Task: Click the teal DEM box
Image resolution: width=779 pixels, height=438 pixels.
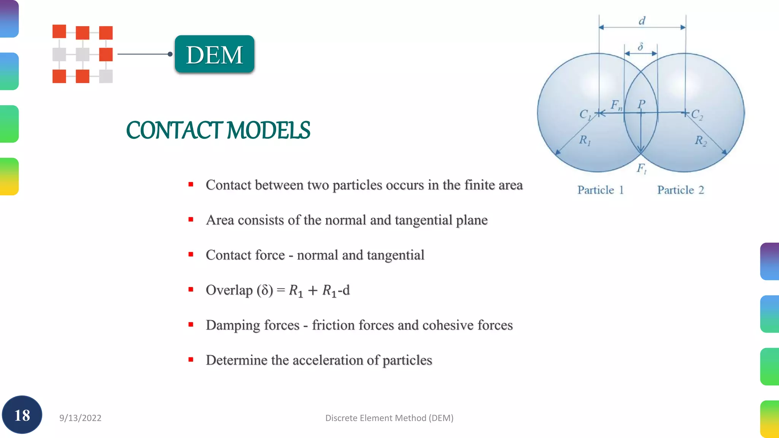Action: pyautogui.click(x=215, y=54)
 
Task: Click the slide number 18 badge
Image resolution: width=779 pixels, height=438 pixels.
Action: pyautogui.click(x=22, y=415)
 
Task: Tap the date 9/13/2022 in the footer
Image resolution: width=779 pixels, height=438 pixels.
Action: pyautogui.click(x=80, y=418)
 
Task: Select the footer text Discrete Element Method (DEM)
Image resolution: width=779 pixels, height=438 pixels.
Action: pyautogui.click(x=389, y=418)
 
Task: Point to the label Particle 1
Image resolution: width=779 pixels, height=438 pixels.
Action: pyautogui.click(x=600, y=190)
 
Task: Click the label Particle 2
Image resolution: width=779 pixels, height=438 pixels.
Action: pyautogui.click(x=680, y=190)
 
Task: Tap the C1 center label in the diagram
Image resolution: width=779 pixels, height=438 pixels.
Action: pyautogui.click(x=585, y=114)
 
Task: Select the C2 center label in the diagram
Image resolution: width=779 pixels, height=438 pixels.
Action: pyautogui.click(x=697, y=114)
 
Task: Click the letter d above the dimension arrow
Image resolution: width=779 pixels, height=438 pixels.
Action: pyautogui.click(x=642, y=21)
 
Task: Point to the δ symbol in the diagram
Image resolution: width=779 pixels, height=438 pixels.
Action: pyautogui.click(x=641, y=47)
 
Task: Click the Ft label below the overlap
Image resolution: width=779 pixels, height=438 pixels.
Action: pyautogui.click(x=641, y=168)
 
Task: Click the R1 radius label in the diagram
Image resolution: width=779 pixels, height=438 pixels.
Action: pyautogui.click(x=585, y=140)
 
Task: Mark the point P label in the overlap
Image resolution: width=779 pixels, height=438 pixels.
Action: pyautogui.click(x=642, y=104)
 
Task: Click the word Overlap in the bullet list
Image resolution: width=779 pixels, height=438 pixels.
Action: pyautogui.click(x=229, y=290)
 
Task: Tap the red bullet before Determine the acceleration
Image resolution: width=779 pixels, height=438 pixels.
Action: pyautogui.click(x=191, y=360)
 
